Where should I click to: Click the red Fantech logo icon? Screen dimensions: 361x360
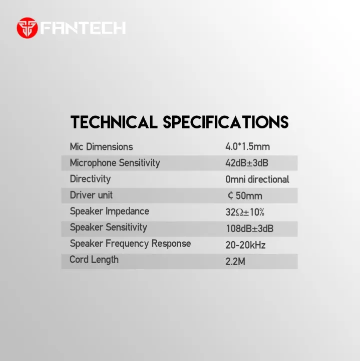27,28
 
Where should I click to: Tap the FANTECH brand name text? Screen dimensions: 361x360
83,28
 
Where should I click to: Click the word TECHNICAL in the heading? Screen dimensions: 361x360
115,122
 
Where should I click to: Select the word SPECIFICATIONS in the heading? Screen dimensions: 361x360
226,122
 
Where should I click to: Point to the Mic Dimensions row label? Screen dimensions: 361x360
101,147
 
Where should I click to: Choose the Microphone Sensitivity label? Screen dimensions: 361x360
115,163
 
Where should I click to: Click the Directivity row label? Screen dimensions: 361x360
90,179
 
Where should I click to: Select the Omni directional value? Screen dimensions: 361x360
257,179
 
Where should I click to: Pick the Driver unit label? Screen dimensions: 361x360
91,195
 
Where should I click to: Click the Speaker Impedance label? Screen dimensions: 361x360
109,211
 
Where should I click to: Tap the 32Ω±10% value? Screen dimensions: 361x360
245,212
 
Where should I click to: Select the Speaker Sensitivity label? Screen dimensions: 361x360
108,227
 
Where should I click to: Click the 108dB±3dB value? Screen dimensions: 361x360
249,229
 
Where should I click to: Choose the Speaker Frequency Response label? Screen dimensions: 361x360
130,244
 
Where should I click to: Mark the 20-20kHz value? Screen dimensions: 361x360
245,245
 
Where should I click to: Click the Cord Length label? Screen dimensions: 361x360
94,260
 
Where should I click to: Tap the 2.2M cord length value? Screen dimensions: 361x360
236,261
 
